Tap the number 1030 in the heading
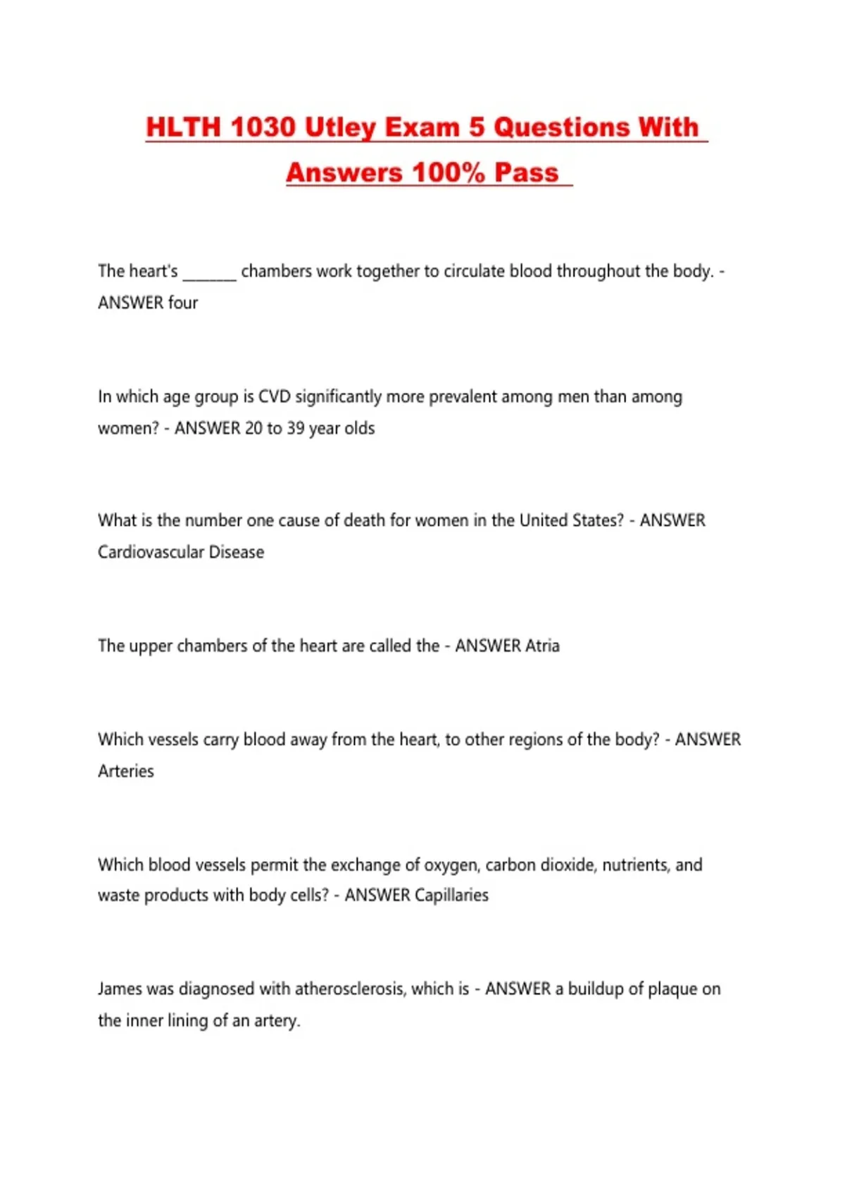pos(262,127)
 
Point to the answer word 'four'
pos(183,303)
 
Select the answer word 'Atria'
pos(542,646)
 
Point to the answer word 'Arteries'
pos(125,771)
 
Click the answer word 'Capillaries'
pos(451,895)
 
